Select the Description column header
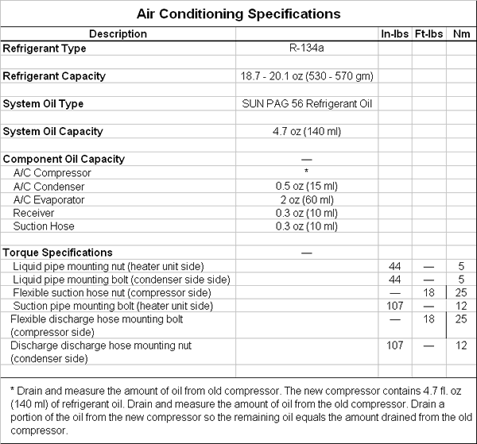click(118, 34)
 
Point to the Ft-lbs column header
click(429, 34)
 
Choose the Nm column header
click(460, 34)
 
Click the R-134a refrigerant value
click(307, 48)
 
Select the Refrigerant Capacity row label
click(55, 76)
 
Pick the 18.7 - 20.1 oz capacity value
click(307, 76)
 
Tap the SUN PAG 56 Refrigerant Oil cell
click(307, 104)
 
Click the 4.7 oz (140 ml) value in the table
click(307, 132)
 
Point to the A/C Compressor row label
click(52, 172)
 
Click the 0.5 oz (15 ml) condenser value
click(307, 186)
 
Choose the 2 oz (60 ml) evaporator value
click(307, 199)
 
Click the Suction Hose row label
click(44, 226)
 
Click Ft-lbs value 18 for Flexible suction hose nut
click(429, 292)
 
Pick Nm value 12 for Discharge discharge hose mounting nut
click(461, 346)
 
